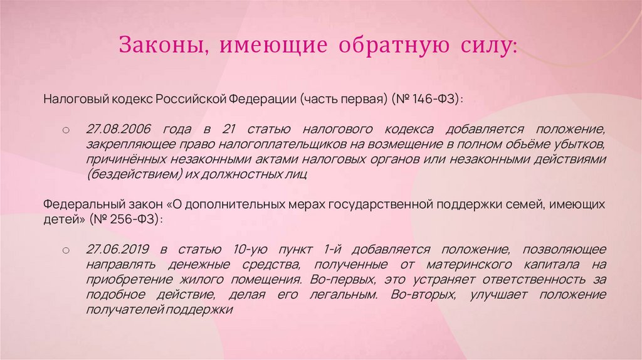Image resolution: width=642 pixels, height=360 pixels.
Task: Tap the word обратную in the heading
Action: coord(384,46)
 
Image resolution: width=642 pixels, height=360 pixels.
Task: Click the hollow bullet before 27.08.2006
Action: coord(65,130)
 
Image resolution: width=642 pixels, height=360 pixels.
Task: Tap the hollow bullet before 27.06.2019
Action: coord(65,250)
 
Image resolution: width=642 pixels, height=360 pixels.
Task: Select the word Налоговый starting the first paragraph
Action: coord(69,99)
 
